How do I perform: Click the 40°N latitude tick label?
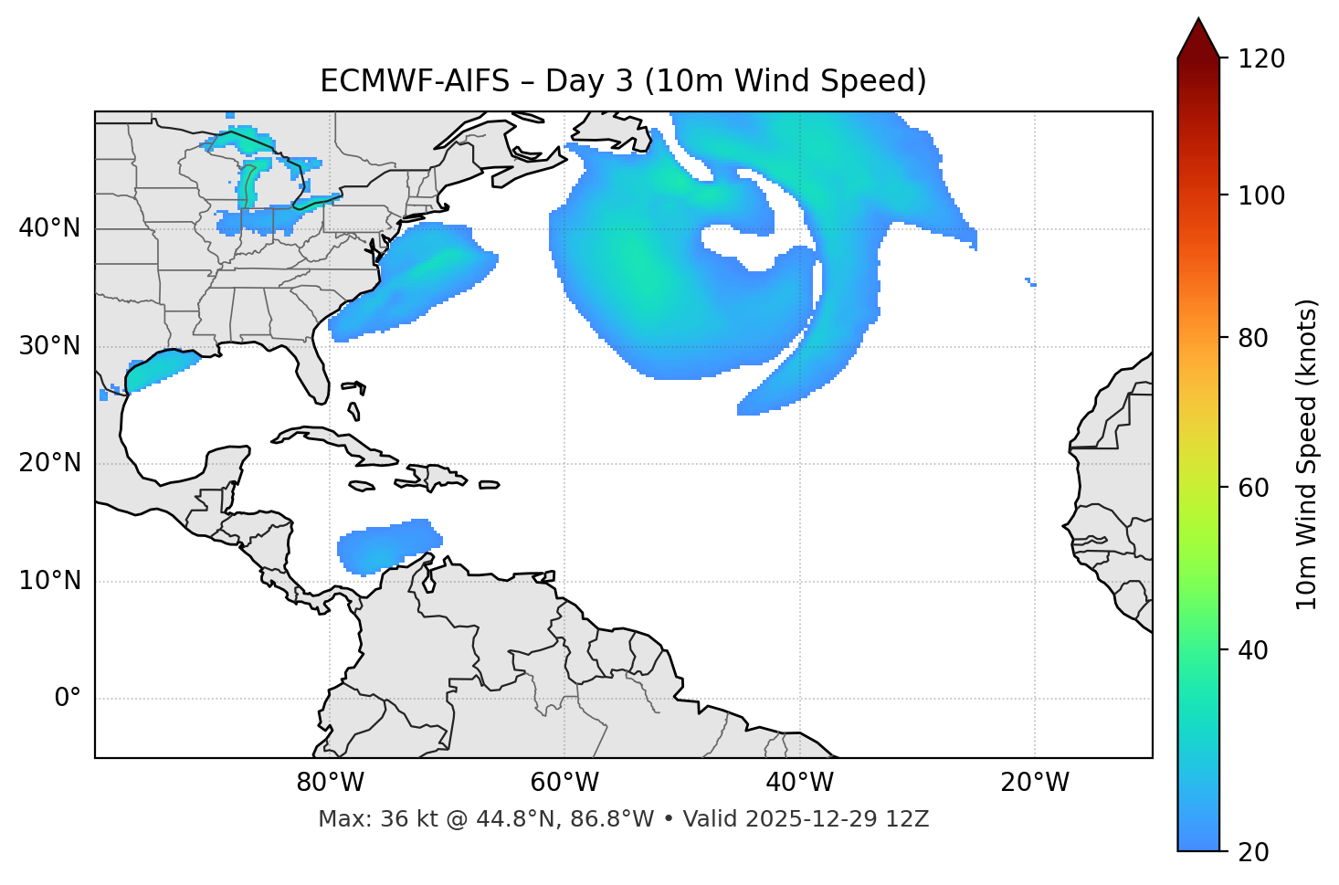point(49,228)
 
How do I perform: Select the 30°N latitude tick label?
point(49,346)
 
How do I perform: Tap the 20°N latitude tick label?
point(49,463)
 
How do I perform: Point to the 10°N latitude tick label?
point(49,581)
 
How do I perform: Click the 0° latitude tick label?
point(68,699)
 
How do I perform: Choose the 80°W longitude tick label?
point(330,783)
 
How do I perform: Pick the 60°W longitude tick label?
point(564,783)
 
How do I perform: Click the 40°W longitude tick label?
point(799,783)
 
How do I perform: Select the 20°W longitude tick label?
point(1035,783)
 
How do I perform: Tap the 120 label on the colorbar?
point(1261,59)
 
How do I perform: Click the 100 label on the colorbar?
point(1261,195)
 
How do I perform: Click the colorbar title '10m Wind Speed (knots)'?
point(1306,455)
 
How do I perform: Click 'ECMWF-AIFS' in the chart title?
point(415,81)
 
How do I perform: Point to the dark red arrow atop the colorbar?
point(1198,38)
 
